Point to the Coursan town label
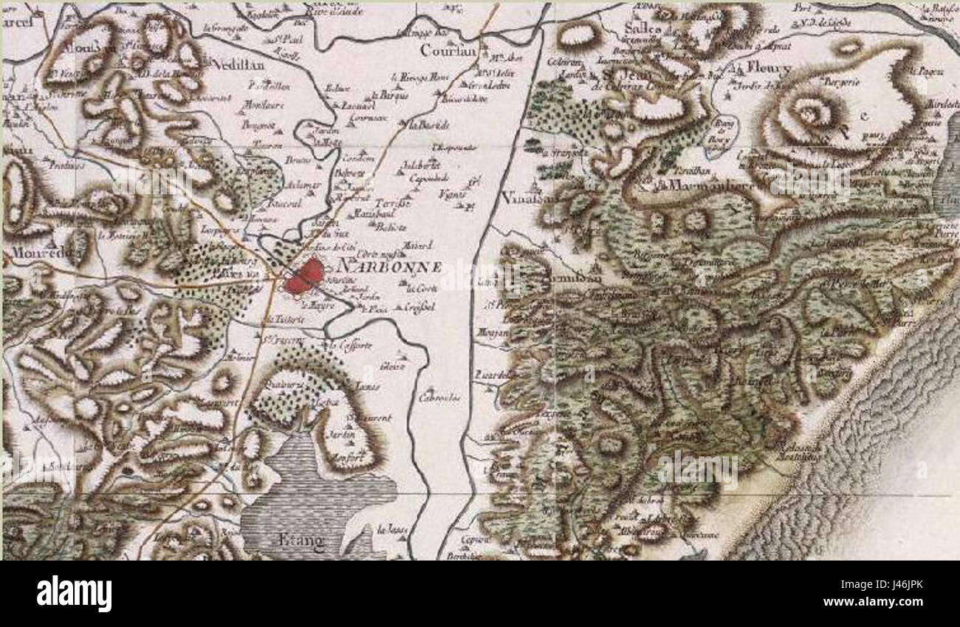tap(446, 51)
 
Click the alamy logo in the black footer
tap(74, 593)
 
